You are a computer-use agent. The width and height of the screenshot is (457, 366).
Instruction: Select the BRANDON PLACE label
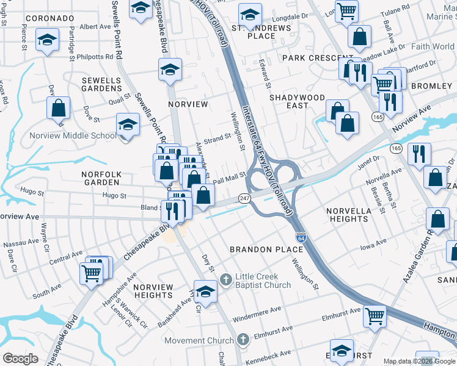[266, 249]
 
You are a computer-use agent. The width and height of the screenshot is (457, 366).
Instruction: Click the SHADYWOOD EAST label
[298, 101]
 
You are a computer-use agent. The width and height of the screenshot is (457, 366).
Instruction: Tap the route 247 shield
[244, 199]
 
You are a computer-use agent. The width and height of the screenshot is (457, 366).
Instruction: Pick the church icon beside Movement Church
[243, 340]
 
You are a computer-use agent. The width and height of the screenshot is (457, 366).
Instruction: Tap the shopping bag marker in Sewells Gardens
[58, 109]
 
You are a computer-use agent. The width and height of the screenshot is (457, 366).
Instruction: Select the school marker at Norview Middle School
[128, 125]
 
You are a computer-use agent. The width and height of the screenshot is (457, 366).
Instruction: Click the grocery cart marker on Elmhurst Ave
[375, 316]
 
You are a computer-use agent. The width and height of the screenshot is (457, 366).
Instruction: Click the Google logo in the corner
[20, 358]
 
